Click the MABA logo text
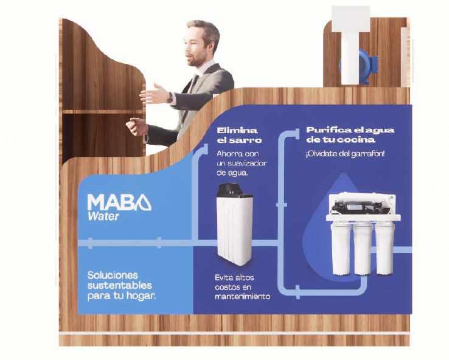(x=119, y=202)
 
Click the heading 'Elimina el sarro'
(x=237, y=136)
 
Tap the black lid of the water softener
(x=233, y=189)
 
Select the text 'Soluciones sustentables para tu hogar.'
(x=121, y=285)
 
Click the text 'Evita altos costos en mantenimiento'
(x=242, y=286)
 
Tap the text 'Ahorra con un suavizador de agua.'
(x=242, y=163)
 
